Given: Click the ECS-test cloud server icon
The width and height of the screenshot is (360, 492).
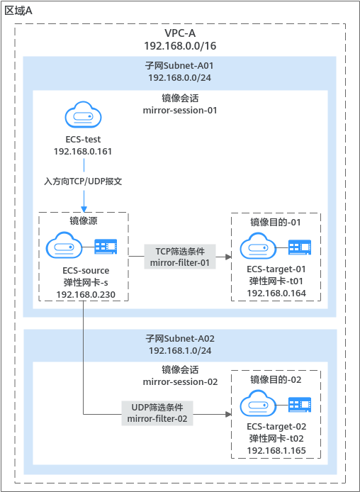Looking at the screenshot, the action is [83, 115].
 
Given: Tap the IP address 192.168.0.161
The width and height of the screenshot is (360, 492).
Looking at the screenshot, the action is [83, 152].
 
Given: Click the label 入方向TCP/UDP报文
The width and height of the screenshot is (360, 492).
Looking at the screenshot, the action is [83, 181].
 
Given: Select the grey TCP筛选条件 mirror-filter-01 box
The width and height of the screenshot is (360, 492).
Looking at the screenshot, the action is [180, 257].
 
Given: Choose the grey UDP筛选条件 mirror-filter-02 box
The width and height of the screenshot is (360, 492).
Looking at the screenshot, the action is [157, 413].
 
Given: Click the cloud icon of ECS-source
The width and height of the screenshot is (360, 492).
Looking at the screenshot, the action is [64, 245].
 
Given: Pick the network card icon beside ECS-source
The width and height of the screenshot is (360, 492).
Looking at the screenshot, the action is [106, 247].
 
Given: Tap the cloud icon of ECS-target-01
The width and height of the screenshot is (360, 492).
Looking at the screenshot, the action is [258, 246].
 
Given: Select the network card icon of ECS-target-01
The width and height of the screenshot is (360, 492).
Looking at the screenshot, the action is [300, 247].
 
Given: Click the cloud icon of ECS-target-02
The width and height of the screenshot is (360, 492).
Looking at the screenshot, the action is [258, 403].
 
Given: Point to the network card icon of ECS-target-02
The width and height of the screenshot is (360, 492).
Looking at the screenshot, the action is [300, 405].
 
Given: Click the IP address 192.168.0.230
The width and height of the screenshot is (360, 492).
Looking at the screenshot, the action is [86, 295].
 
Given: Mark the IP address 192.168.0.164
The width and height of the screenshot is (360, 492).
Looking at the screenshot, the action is [276, 293].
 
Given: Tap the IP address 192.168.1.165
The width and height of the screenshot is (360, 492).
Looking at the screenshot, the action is [276, 451].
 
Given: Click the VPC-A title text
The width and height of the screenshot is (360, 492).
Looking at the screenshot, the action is [180, 33].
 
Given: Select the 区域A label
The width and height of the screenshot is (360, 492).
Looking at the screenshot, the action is [18, 11].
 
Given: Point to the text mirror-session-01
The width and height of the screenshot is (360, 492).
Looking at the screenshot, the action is [180, 111].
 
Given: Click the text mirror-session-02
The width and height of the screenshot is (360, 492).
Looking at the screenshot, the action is [180, 382].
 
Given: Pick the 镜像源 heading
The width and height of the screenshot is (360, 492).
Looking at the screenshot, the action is [84, 220].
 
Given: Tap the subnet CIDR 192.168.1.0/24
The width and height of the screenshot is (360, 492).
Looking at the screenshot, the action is [180, 350].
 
